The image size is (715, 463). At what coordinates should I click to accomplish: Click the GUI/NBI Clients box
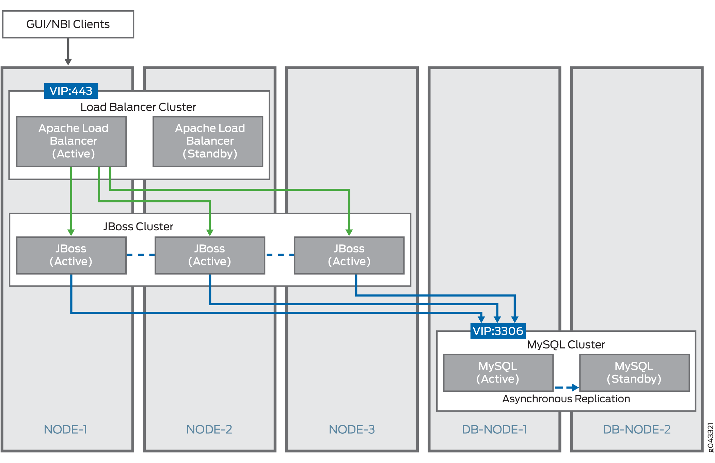68,24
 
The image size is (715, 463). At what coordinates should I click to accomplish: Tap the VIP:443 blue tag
71,91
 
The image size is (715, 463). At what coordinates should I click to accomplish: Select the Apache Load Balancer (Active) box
71,141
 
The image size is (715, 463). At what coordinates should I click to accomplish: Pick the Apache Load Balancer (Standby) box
208,141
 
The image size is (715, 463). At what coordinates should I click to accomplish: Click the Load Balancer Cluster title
138,107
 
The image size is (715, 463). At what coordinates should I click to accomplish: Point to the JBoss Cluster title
138,227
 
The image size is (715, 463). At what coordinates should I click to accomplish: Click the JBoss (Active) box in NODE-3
349,255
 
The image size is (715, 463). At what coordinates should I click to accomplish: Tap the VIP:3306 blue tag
498,331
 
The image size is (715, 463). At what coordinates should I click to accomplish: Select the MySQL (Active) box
498,373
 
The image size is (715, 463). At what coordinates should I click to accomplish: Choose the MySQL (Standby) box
634,373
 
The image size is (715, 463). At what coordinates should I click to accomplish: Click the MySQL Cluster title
566,345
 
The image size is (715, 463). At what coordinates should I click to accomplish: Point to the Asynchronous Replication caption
566,399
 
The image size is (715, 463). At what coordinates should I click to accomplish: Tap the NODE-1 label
66,430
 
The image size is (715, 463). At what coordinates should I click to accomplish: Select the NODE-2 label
209,430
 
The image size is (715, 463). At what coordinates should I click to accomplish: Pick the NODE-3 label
352,430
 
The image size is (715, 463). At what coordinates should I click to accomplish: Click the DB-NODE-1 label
494,430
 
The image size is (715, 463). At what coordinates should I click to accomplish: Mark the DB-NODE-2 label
637,430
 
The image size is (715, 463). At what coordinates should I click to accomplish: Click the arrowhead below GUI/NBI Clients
68,62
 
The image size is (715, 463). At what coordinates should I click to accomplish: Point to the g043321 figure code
710,437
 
